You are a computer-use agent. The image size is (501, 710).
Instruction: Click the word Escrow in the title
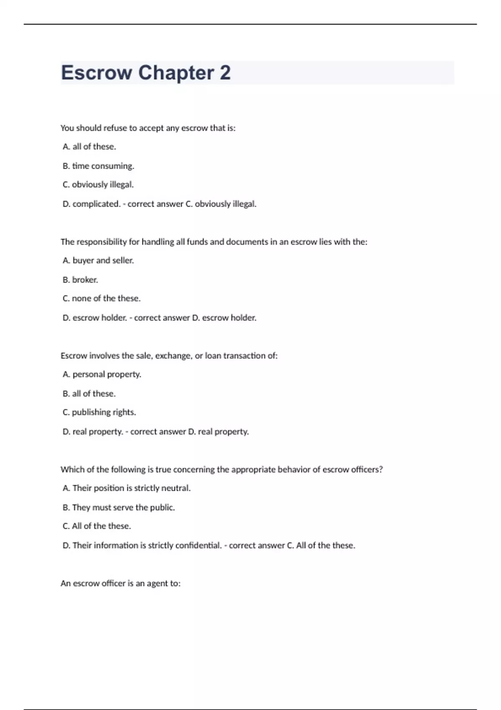96,73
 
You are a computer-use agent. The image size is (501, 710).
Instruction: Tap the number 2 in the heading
225,73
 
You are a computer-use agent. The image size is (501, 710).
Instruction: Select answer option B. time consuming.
99,166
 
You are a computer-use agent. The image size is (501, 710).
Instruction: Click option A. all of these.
89,147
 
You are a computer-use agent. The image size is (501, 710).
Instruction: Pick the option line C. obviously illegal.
98,185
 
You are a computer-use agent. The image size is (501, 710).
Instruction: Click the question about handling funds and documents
214,242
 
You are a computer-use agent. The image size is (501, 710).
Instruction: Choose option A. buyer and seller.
98,261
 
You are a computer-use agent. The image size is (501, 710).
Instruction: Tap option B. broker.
80,280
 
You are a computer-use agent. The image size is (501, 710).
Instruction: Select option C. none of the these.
101,299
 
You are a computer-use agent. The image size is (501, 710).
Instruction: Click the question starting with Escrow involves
169,356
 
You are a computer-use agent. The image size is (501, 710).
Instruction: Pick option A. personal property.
102,375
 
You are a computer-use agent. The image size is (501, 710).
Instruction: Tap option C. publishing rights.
99,412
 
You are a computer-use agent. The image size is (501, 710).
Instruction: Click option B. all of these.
89,393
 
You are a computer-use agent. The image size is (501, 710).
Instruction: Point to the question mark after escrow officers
380,469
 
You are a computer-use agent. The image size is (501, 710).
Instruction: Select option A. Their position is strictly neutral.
127,488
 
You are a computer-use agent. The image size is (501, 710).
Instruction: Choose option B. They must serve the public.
119,507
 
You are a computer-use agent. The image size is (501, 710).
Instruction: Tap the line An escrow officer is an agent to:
121,583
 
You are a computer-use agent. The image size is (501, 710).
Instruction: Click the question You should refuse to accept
148,128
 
